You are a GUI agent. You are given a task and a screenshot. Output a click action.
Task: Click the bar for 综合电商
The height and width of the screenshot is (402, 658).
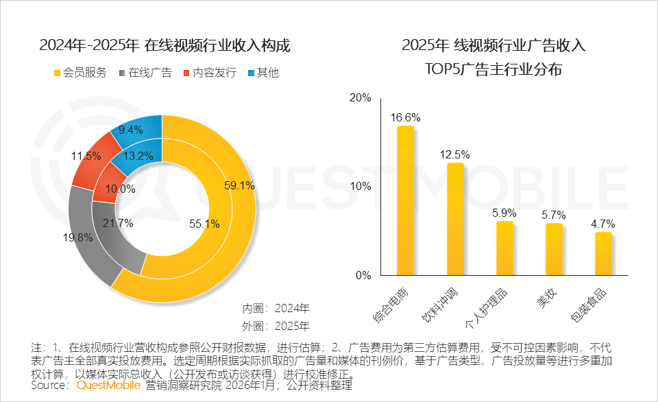406,201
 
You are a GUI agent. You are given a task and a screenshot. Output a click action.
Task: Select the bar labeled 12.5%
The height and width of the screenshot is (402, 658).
455,220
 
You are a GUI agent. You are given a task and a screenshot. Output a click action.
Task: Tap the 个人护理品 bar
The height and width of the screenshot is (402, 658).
504,248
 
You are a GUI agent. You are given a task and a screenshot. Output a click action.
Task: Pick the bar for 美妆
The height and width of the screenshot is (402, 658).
554,250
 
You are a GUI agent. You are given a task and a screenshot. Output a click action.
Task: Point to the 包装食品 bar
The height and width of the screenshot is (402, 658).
603,254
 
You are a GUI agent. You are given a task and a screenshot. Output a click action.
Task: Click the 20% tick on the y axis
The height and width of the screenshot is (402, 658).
360,98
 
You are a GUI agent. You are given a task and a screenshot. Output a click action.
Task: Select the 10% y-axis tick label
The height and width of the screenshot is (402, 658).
360,187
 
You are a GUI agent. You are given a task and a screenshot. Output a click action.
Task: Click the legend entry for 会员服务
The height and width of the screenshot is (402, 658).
80,73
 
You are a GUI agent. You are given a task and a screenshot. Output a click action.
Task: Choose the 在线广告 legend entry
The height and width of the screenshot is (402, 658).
145,73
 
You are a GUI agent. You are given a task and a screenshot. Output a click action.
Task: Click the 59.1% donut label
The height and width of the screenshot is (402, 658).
239,185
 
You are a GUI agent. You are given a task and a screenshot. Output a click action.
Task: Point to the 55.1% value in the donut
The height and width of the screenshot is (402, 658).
204,223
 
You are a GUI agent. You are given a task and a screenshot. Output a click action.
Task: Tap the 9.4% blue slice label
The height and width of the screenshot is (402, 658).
130,130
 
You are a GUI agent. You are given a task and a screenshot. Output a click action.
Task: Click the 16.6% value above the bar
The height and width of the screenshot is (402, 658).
406,117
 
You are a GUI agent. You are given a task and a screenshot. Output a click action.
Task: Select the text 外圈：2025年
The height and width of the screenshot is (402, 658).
276,325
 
